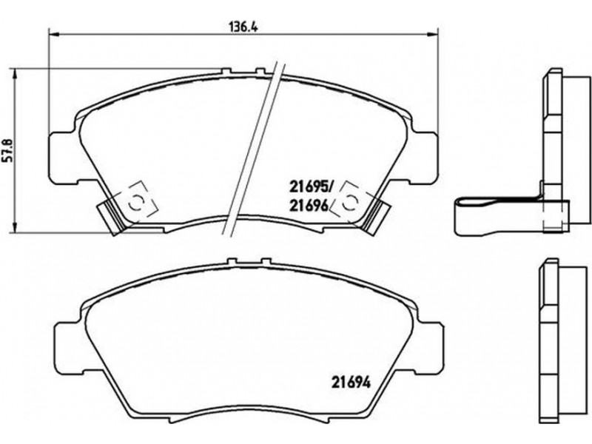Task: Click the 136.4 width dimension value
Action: pyautogui.click(x=243, y=27)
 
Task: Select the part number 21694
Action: pyautogui.click(x=351, y=383)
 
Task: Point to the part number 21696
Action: pyautogui.click(x=308, y=206)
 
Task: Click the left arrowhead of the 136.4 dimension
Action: pyautogui.click(x=55, y=35)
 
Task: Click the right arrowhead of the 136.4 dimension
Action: pyautogui.click(x=432, y=35)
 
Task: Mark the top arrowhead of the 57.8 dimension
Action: pyautogui.click(x=15, y=75)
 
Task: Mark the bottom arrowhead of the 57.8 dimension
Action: pyautogui.click(x=15, y=226)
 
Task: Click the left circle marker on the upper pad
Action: pyautogui.click(x=135, y=202)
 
